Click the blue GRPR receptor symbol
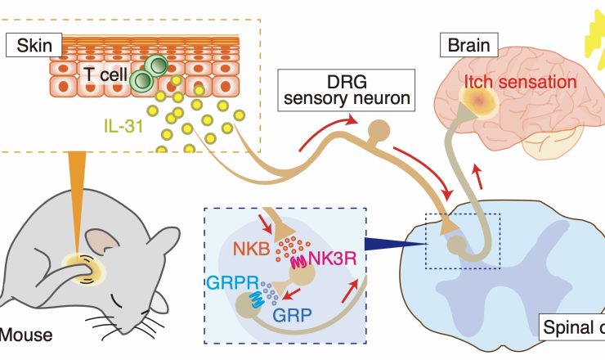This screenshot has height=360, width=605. coord(251,299)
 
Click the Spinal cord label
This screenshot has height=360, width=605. coord(572,328)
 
